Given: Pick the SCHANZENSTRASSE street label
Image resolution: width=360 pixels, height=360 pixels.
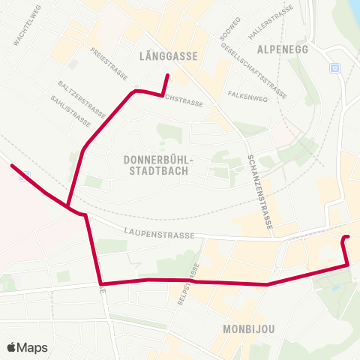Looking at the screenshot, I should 259,191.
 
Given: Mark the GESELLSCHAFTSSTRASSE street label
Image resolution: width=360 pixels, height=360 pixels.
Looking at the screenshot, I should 254,69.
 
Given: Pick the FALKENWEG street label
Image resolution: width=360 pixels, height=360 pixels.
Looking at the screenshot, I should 248,97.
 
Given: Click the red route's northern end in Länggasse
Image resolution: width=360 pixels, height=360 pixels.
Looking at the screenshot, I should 167,76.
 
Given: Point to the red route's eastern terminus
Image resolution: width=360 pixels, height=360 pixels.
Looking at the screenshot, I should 346,238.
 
